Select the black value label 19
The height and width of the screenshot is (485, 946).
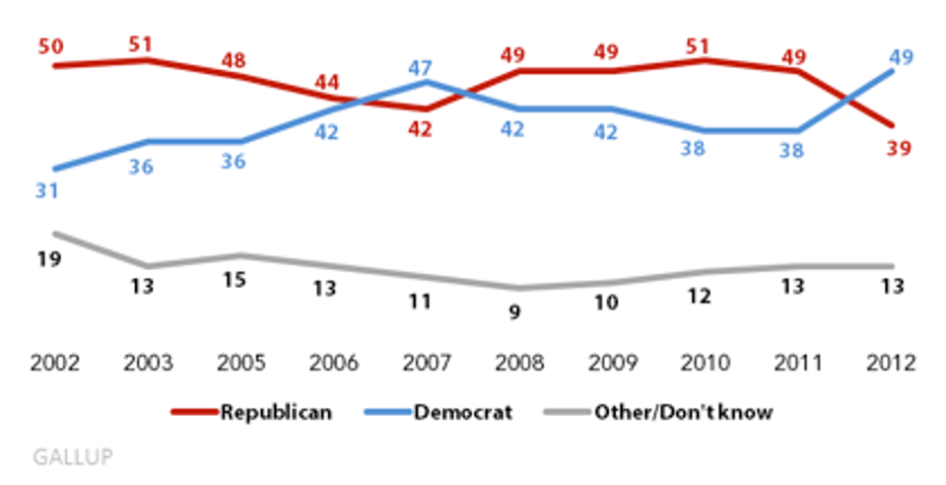click(47, 259)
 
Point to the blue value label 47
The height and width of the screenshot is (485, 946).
click(420, 68)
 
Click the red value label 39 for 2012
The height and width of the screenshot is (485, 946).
click(897, 149)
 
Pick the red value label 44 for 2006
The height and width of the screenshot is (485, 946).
click(327, 83)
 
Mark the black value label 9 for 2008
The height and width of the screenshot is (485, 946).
click(513, 312)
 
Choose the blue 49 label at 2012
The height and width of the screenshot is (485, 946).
click(901, 57)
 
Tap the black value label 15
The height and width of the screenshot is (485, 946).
click(235, 281)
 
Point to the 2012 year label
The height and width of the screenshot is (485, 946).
click(893, 362)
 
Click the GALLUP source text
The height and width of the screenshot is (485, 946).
click(72, 456)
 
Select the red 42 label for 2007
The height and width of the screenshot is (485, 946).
click(420, 129)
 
